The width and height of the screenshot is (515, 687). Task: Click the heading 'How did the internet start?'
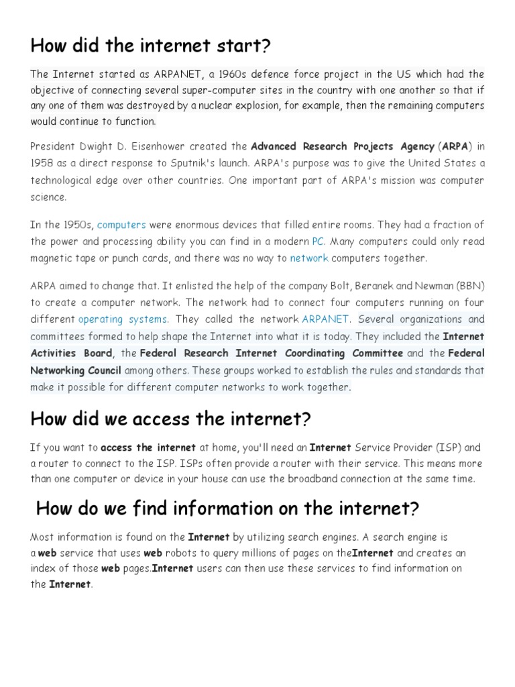coord(150,46)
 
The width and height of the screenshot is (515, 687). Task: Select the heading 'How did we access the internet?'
coord(171,419)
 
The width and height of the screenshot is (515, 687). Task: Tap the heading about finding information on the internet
coord(227,509)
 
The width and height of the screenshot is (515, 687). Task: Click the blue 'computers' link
coord(121,225)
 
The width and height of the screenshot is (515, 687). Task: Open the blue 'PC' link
coord(319,242)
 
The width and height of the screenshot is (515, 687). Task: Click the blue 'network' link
coord(309,258)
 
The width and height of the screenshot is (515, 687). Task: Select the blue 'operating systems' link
coord(123,319)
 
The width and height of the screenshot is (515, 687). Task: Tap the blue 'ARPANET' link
coord(325,319)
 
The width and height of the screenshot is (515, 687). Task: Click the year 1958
coord(43,163)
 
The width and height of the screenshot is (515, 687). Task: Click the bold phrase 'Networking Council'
coord(76,370)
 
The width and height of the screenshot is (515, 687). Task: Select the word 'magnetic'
coord(53,258)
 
